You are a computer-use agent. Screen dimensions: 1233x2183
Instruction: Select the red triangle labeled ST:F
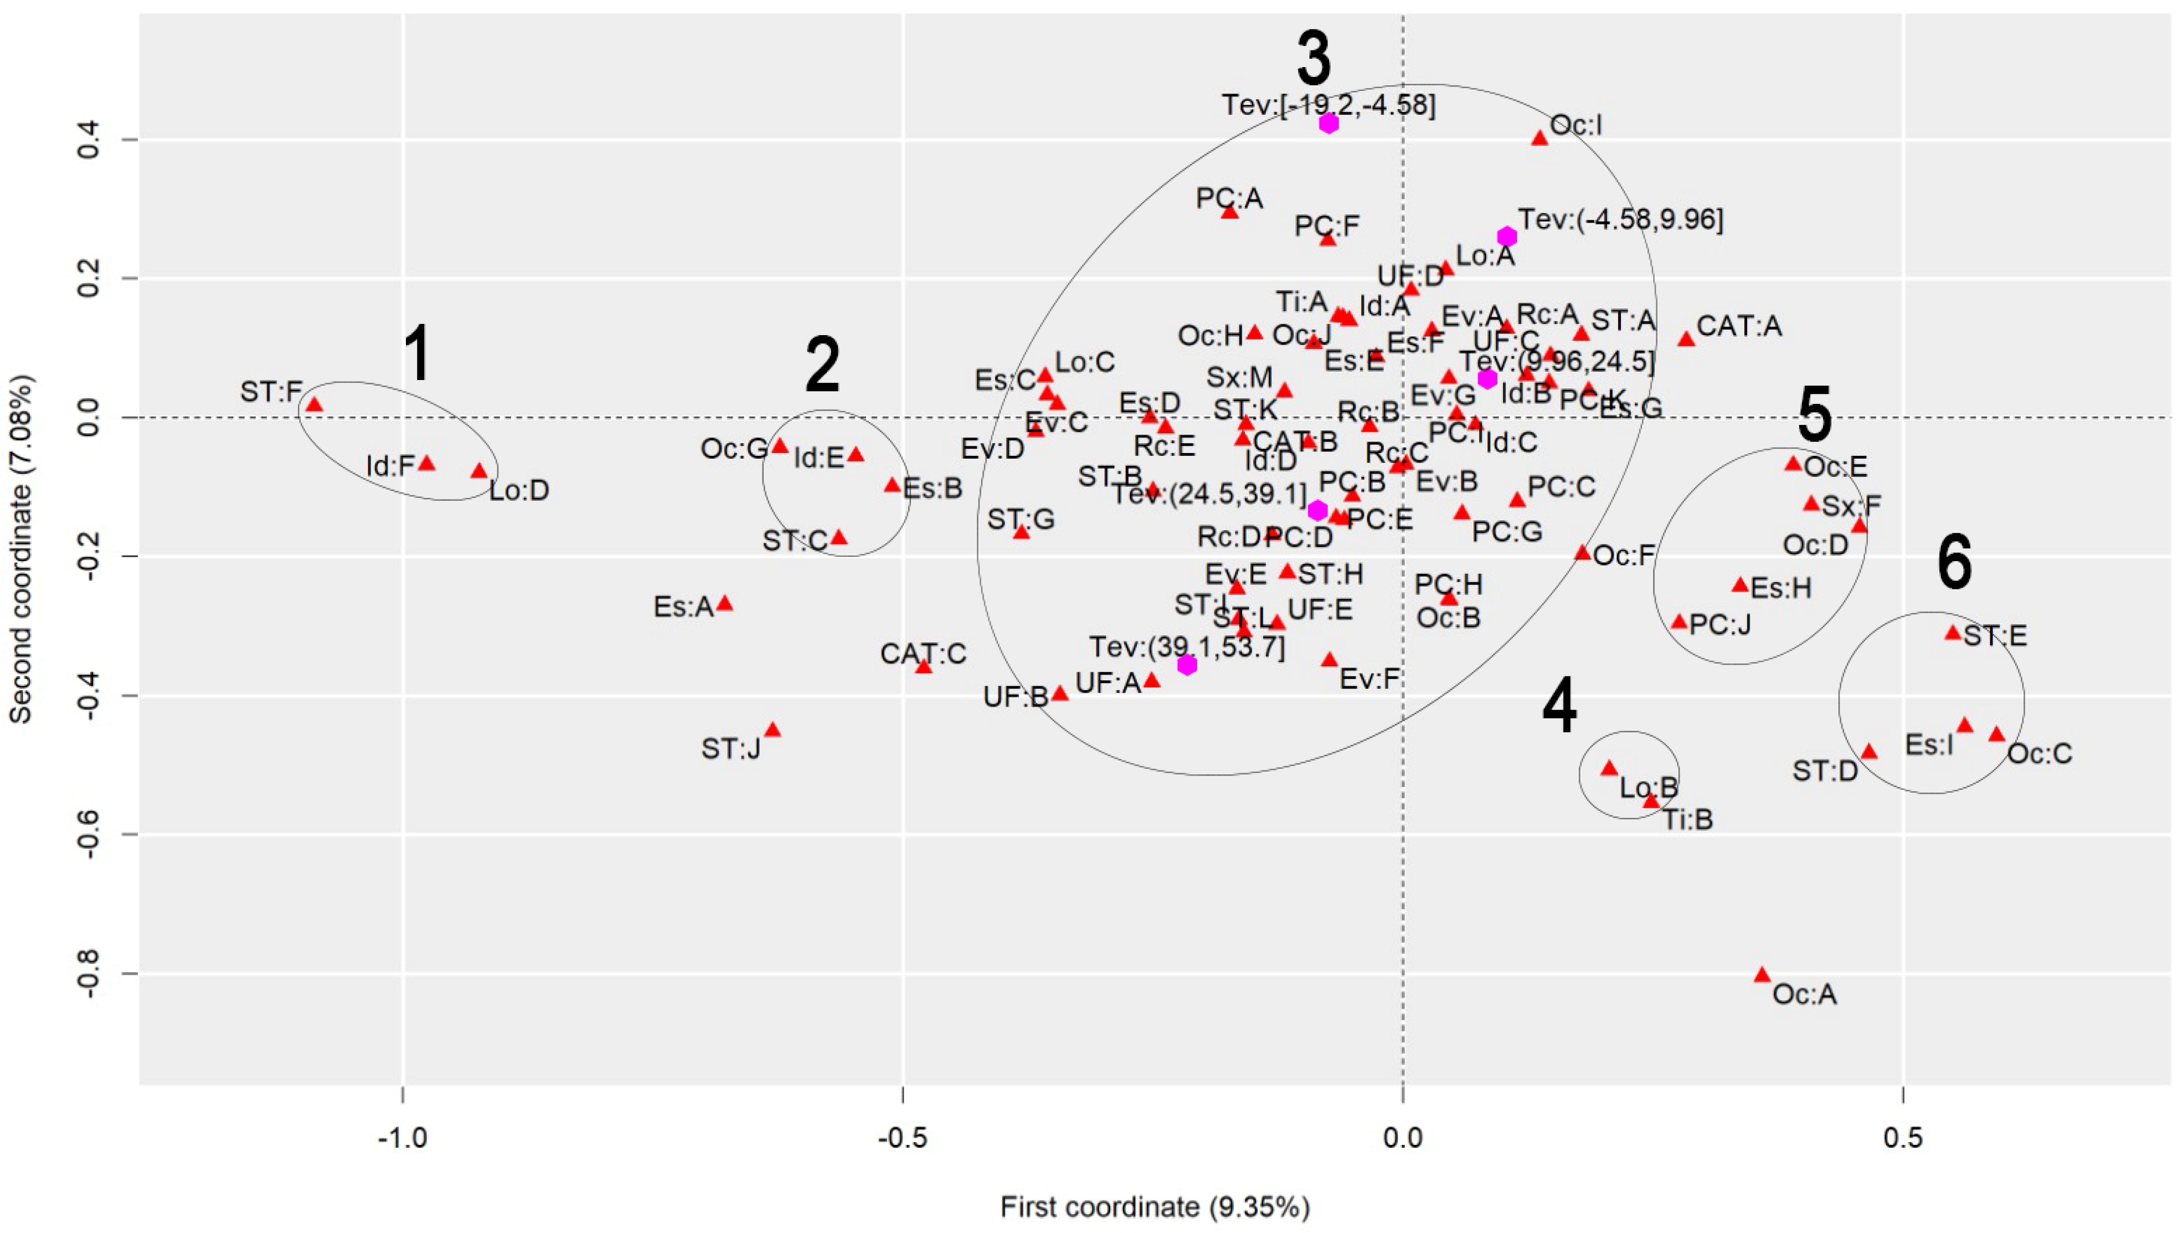pos(315,405)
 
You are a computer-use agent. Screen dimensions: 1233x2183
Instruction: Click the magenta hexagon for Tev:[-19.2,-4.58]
pos(1329,123)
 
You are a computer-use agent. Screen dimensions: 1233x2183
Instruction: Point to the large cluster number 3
pos(1314,59)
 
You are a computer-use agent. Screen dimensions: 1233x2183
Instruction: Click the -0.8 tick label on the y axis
pos(95,974)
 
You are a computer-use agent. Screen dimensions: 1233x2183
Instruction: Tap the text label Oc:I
pos(1576,125)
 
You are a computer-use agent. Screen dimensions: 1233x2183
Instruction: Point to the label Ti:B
pos(1686,819)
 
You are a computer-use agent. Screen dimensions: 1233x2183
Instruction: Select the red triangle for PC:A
pos(1229,212)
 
